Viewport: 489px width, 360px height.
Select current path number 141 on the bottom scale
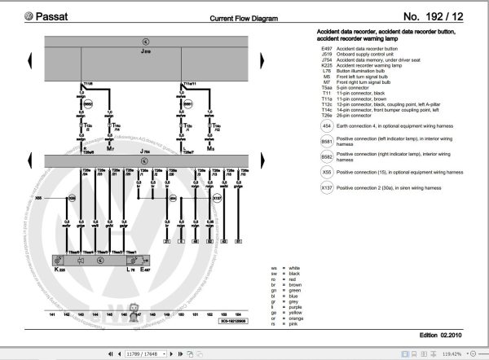[53, 313]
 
